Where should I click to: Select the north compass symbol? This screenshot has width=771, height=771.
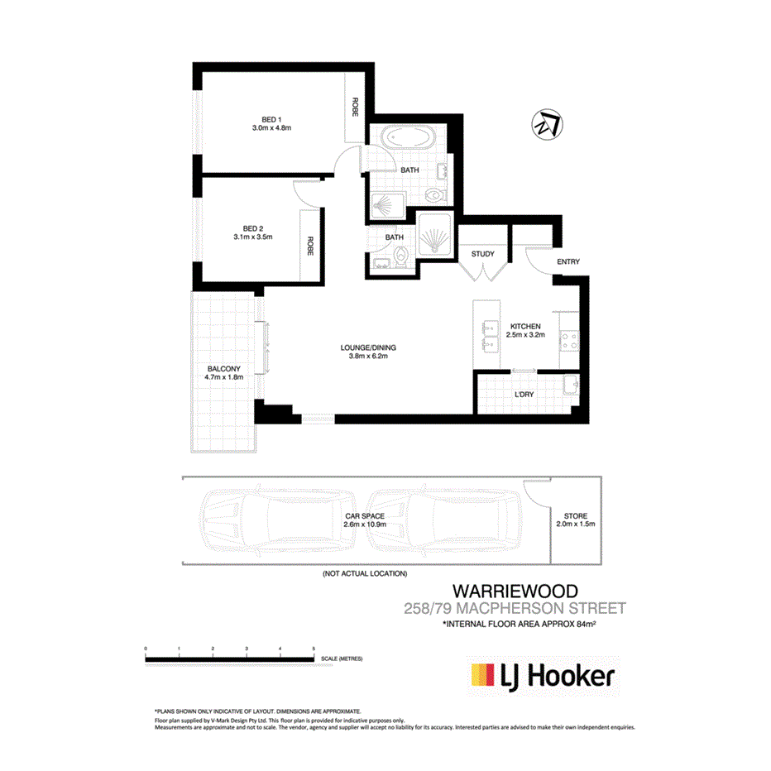pyautogui.click(x=545, y=126)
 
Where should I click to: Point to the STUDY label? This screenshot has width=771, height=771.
pyautogui.click(x=482, y=254)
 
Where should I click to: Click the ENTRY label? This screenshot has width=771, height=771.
pyautogui.click(x=568, y=262)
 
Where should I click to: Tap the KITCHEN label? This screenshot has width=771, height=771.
pyautogui.click(x=525, y=326)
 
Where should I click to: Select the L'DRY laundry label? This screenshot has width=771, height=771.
pyautogui.click(x=524, y=394)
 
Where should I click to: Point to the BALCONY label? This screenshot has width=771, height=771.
pyautogui.click(x=223, y=369)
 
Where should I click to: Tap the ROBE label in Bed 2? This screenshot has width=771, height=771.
pyautogui.click(x=310, y=247)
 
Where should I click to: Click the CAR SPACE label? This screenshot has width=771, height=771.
pyautogui.click(x=365, y=516)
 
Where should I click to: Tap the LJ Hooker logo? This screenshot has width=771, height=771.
pyautogui.click(x=543, y=676)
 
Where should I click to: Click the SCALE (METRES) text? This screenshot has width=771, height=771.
pyautogui.click(x=342, y=659)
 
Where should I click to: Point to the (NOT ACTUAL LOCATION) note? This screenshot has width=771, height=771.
pyautogui.click(x=365, y=573)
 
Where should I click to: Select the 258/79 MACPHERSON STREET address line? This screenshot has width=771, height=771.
pyautogui.click(x=513, y=609)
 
